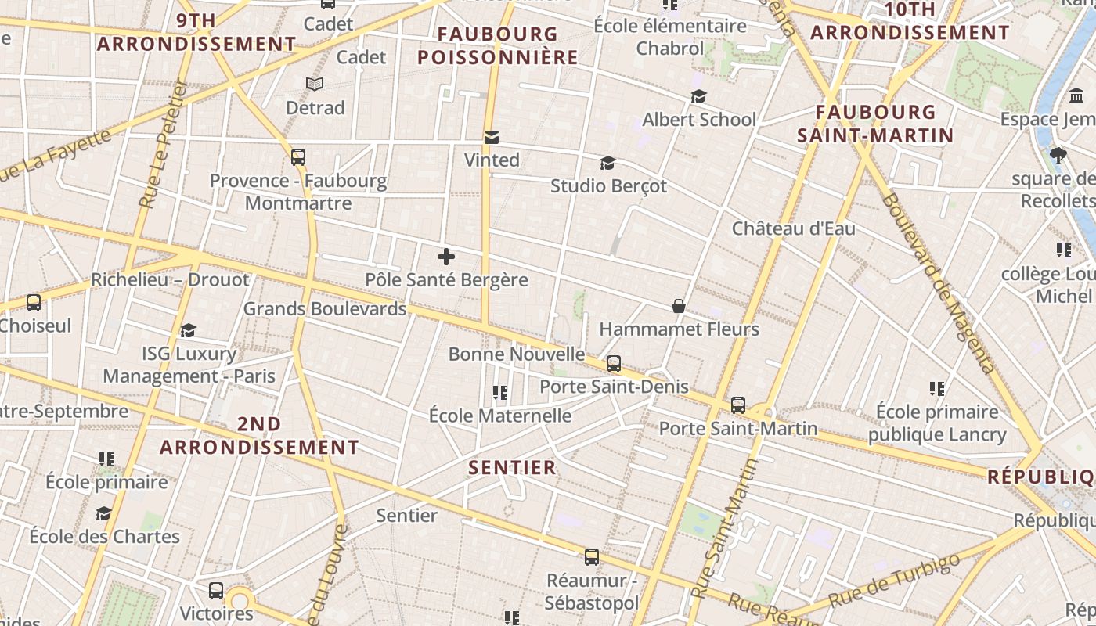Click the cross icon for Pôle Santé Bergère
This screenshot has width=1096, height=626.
pos(446,257)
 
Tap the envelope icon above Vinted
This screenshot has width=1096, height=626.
pos(492,138)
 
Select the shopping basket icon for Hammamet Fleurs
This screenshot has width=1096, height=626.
pos(679,306)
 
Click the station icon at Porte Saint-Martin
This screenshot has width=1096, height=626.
pos(738,405)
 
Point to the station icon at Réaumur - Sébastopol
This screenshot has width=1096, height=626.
pos(592,557)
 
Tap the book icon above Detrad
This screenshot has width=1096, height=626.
pos(315,85)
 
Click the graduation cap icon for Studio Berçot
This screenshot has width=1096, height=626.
pos(607,163)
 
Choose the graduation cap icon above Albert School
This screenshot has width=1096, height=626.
pos(698,96)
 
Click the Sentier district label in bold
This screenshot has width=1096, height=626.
pos(512,468)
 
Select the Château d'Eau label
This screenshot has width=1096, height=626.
pos(793,228)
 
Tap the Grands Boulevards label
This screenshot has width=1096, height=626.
pos(325,308)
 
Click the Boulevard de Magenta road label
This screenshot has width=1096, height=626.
pos(937,282)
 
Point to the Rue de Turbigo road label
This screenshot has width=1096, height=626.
pos(893,581)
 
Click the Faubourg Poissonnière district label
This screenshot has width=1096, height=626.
pos(498,45)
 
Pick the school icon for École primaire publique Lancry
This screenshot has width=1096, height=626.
pos(937,388)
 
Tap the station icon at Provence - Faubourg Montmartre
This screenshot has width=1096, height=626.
pos(297,157)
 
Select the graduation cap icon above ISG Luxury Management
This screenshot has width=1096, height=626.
pos(188,330)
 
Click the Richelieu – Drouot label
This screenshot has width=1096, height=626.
pos(170,279)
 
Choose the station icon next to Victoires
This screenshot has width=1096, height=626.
pos(216,591)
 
